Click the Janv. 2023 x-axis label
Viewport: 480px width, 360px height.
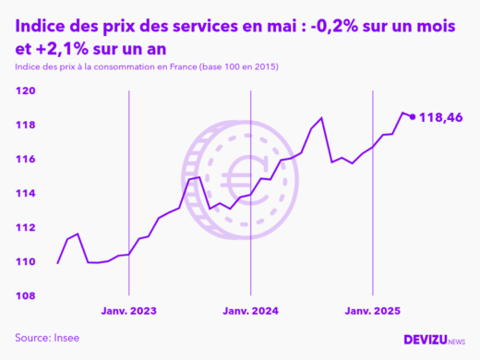[x=128, y=311]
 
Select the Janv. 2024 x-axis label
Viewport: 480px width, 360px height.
[x=250, y=311]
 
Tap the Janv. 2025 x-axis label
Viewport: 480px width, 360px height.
[x=372, y=311]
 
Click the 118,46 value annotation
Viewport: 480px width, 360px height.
[x=440, y=118]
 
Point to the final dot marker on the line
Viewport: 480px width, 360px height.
[x=412, y=117]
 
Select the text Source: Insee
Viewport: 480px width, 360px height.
[x=47, y=338]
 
